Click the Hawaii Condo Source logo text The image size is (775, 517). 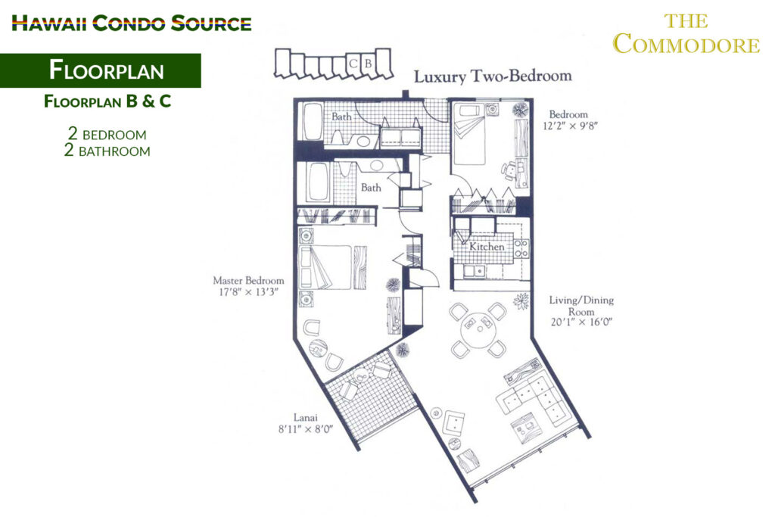(x=132, y=23)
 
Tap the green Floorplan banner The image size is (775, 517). (x=101, y=70)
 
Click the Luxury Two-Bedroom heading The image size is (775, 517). (x=493, y=76)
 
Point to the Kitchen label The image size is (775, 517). (x=487, y=246)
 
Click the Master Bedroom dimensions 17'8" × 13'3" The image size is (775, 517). (x=248, y=292)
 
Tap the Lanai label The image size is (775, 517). (x=306, y=417)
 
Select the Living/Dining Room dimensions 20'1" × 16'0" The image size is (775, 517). (x=581, y=322)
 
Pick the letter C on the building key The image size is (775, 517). (x=353, y=64)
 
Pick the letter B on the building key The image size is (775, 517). (x=368, y=64)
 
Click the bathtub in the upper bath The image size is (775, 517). (x=313, y=122)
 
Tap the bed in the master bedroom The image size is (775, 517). (x=326, y=267)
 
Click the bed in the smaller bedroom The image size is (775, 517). (x=468, y=134)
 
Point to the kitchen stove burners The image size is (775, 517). (x=521, y=248)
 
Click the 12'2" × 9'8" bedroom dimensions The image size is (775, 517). (x=570, y=126)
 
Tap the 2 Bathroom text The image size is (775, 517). (x=107, y=151)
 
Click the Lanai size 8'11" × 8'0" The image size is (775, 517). (x=306, y=429)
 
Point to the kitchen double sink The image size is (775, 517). (x=474, y=271)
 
